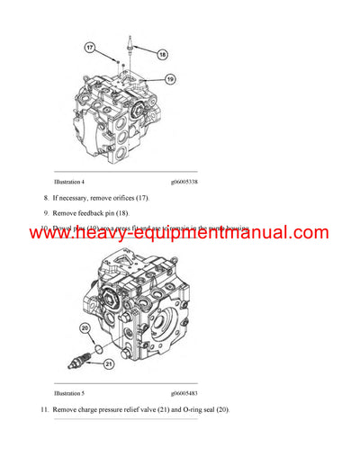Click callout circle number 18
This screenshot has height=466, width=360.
click(163, 54)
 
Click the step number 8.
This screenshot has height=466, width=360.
click(46, 197)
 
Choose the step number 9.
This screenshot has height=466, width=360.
click(46, 212)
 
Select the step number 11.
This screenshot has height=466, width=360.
click(44, 409)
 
